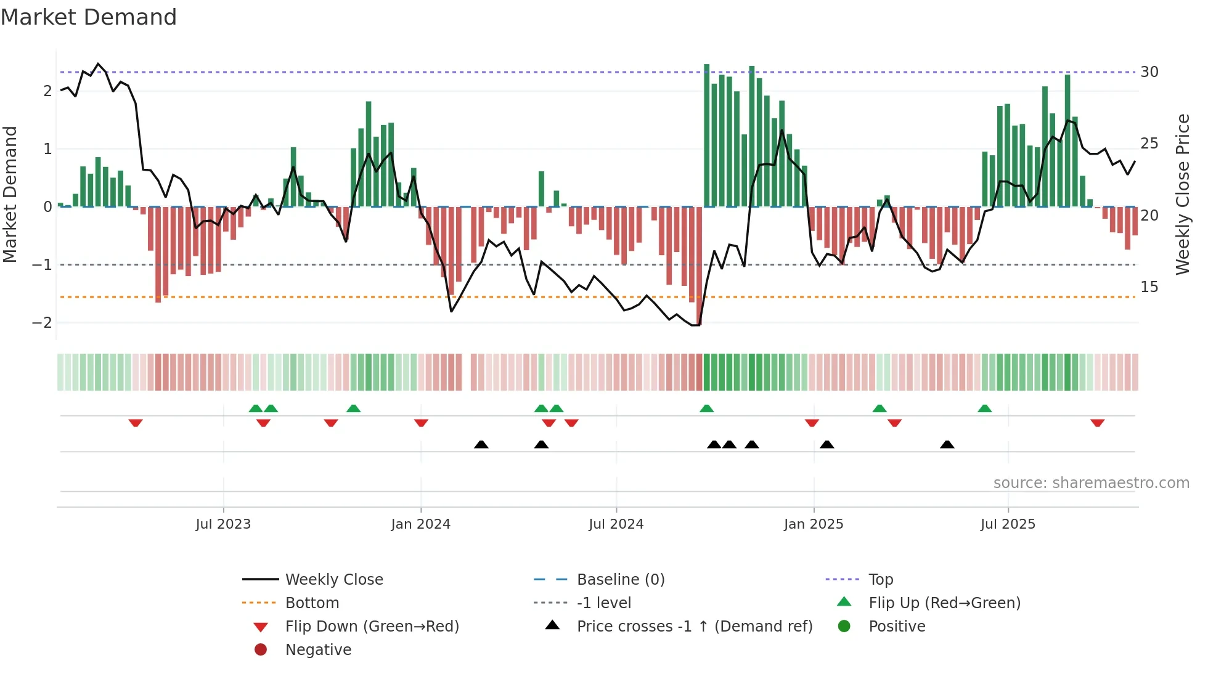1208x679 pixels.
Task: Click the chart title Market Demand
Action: [x=89, y=17]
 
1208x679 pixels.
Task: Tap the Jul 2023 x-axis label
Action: [x=223, y=524]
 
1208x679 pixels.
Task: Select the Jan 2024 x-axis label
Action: [x=420, y=524]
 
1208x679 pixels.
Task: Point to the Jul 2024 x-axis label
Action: [x=616, y=524]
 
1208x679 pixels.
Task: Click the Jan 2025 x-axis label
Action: [x=814, y=524]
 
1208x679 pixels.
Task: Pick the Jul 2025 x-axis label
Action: [x=1008, y=524]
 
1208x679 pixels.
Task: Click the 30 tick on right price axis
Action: [x=1149, y=72]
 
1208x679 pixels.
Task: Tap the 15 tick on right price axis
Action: [x=1149, y=287]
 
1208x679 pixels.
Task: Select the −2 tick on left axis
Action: [x=42, y=323]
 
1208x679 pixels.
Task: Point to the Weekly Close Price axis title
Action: [x=1182, y=194]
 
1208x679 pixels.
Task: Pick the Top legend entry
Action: [x=881, y=580]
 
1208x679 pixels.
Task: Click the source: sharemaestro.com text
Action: [x=1091, y=483]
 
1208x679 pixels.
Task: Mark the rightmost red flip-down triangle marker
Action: [x=1097, y=423]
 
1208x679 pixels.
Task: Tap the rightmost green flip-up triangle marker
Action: [x=984, y=409]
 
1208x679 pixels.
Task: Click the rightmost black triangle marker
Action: [x=947, y=444]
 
